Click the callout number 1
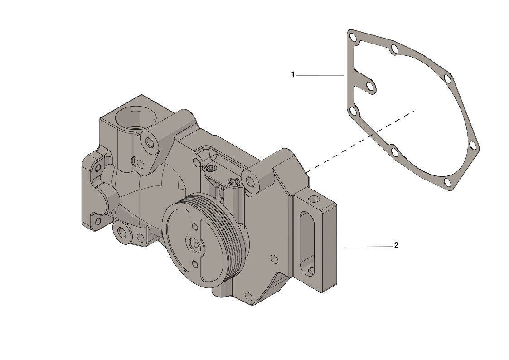coord(292,75)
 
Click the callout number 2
coord(396,245)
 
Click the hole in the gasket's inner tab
coord(370,86)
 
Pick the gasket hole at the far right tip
coord(473,144)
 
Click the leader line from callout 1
coord(320,75)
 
